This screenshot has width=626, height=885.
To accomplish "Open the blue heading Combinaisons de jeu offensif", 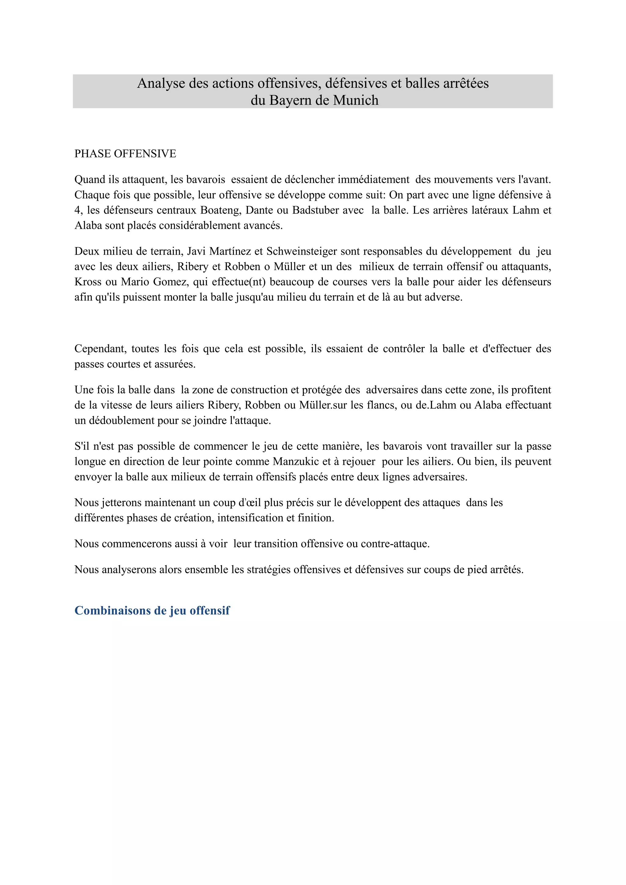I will (152, 611).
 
